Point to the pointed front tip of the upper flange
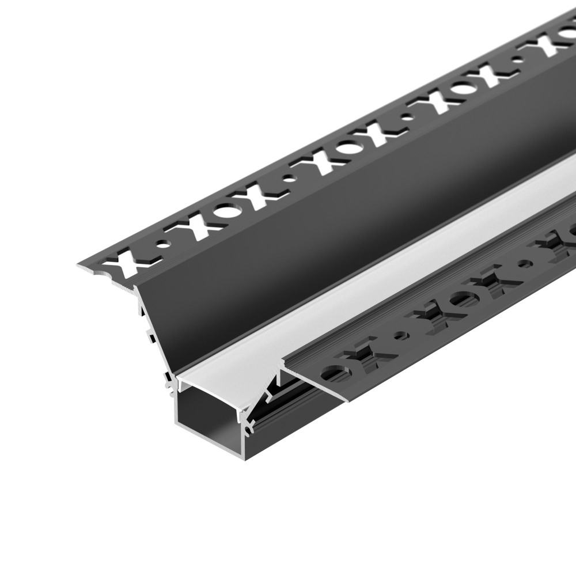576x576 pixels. point(79,266)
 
